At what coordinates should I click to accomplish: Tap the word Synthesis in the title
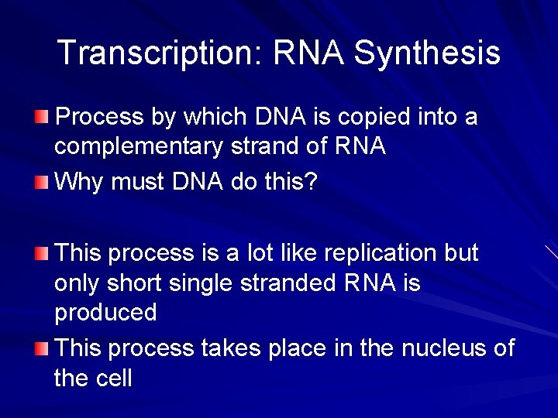point(427,53)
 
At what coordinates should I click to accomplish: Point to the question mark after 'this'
point(311,182)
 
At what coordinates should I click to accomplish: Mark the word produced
point(105,313)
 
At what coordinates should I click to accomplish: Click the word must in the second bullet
point(137,182)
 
